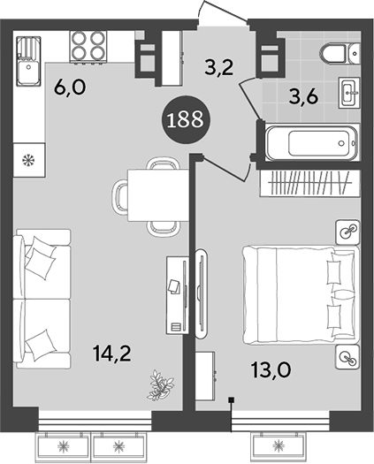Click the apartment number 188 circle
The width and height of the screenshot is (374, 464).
[187, 118]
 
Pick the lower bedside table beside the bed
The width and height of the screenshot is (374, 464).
[347, 356]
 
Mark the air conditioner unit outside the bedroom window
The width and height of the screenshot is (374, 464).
[280, 444]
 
